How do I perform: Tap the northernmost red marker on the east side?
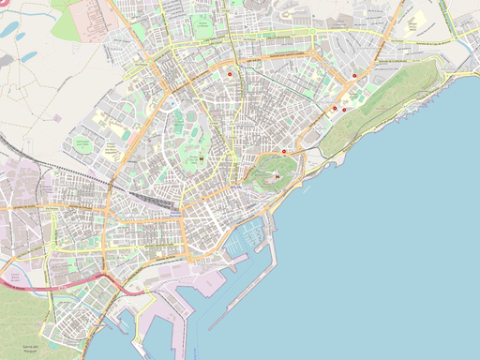click(x=354, y=76)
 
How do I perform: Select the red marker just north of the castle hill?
click(x=285, y=152)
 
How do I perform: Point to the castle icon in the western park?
click(x=199, y=158)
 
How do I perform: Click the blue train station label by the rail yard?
click(x=175, y=214)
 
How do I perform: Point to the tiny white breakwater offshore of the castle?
click(x=306, y=190)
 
